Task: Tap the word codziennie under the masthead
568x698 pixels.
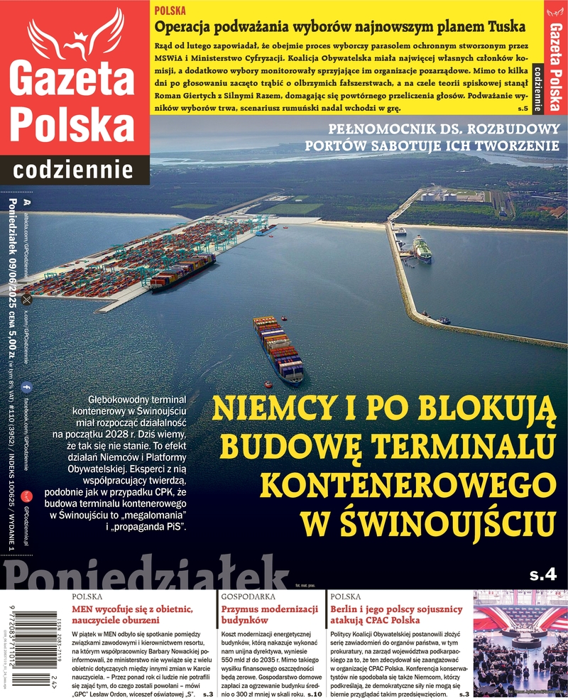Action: (x=74, y=170)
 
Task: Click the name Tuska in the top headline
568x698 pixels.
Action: (x=503, y=27)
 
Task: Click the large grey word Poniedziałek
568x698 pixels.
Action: (x=142, y=572)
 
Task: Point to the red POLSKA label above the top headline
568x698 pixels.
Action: (x=170, y=11)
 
